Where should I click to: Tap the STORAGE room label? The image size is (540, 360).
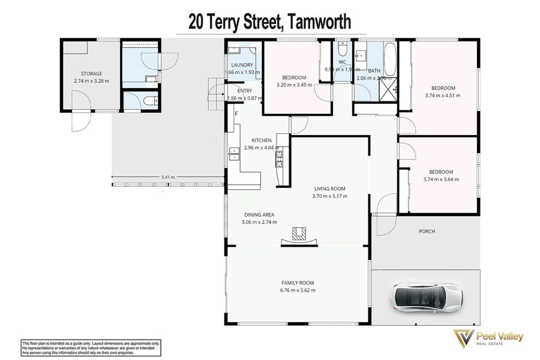pyautogui.click(x=88, y=74)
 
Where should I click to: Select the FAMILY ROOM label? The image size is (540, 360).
pyautogui.click(x=298, y=283)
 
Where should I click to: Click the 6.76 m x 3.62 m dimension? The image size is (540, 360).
pyautogui.click(x=298, y=290)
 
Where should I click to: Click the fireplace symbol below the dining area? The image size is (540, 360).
pyautogui.click(x=298, y=235)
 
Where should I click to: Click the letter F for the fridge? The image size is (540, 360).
pyautogui.click(x=236, y=113)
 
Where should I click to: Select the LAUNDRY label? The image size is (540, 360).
pyautogui.click(x=242, y=65)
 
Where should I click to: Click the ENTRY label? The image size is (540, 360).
pyautogui.click(x=245, y=91)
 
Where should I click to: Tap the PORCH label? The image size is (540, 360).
pyautogui.click(x=427, y=231)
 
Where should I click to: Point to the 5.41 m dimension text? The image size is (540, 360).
pyautogui.click(x=168, y=177)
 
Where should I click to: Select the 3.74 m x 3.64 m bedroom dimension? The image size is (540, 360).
pyautogui.click(x=440, y=179)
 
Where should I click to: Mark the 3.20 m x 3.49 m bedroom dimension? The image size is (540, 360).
pyautogui.click(x=295, y=85)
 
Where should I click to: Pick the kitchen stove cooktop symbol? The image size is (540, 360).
pyautogui.click(x=279, y=158)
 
